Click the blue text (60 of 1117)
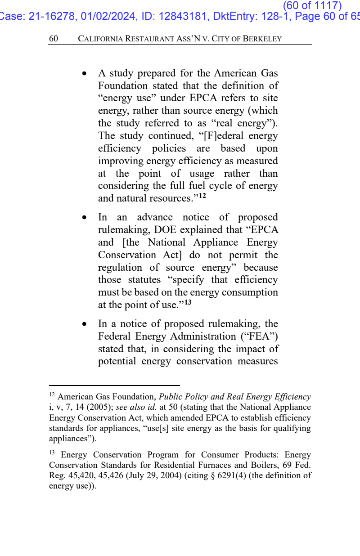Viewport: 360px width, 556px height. click(312, 5)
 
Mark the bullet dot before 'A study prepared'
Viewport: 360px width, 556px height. click(84, 73)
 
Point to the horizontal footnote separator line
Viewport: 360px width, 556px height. click(114, 386)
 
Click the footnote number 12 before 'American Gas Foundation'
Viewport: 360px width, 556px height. click(52, 396)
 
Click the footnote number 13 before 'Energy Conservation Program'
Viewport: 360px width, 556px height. click(52, 453)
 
